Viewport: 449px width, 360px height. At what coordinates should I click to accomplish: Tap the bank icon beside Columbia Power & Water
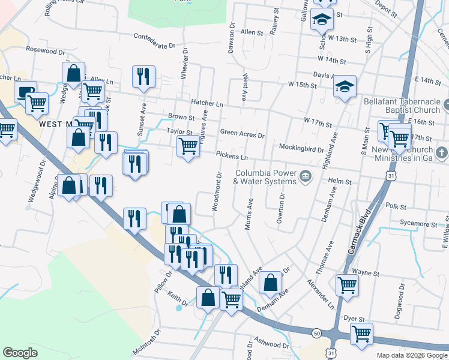306,176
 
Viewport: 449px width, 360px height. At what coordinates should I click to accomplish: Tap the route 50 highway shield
316,333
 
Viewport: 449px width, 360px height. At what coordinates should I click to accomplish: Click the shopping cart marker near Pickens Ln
188,145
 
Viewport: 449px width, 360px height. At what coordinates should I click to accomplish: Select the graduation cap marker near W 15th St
345,88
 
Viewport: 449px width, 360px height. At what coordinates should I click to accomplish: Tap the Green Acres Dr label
243,134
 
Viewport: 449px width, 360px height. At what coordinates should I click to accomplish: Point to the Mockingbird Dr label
301,148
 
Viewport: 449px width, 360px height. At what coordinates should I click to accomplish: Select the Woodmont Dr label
216,193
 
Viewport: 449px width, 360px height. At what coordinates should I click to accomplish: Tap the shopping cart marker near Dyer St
361,333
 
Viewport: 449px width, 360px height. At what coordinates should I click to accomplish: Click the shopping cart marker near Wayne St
347,285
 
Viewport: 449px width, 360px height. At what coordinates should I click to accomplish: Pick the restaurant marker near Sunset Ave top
143,76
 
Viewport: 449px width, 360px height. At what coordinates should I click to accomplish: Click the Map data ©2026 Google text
412,355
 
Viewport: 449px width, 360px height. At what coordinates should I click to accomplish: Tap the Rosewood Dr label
45,50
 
